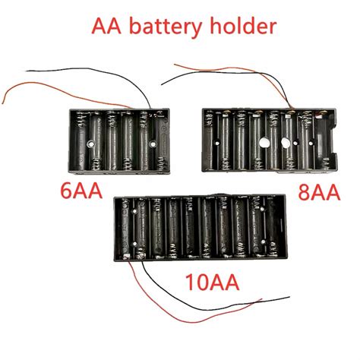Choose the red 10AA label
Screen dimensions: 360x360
(x=212, y=283)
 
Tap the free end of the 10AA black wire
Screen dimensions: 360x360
(x=289, y=297)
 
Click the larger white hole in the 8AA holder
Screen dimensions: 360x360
(x=264, y=142)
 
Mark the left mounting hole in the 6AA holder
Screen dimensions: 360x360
(x=90, y=142)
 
